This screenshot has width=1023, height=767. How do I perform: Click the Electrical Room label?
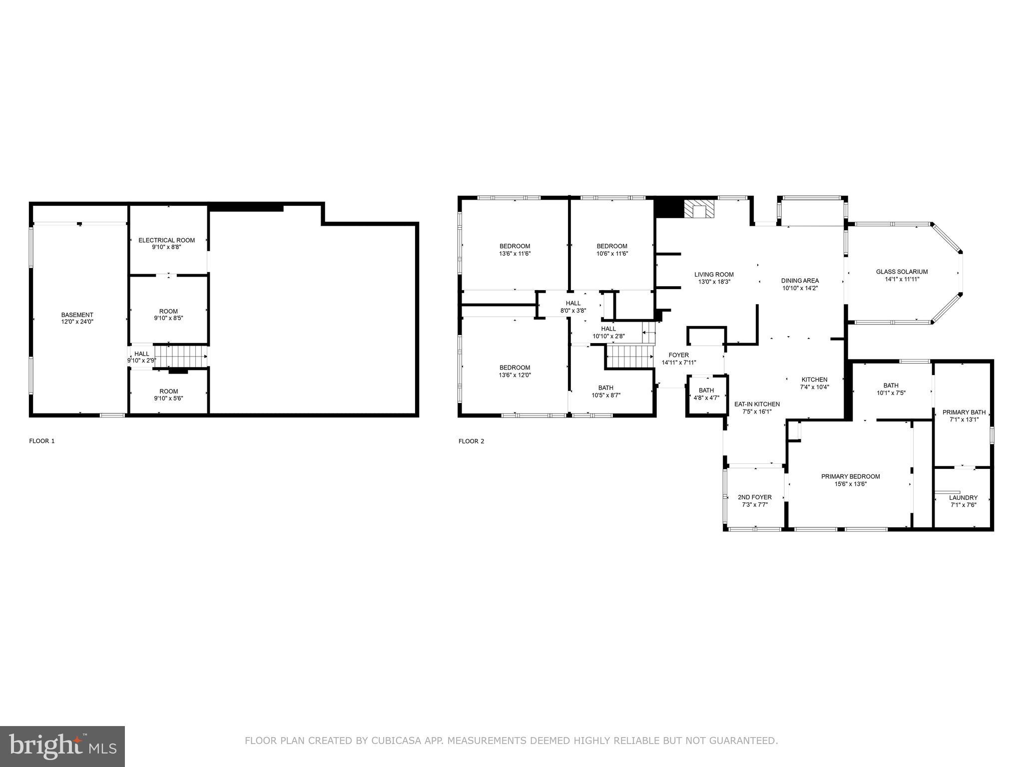(166, 240)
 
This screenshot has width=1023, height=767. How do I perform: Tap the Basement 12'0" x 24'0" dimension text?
(77, 322)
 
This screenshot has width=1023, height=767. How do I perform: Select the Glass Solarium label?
(902, 272)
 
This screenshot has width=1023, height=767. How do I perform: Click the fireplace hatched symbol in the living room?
(699, 209)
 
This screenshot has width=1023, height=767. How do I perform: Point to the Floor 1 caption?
(42, 441)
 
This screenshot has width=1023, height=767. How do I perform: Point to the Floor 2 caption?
(471, 441)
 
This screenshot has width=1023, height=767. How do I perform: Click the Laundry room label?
(963, 497)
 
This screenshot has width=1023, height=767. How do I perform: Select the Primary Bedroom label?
(850, 476)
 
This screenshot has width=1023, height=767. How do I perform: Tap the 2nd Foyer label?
(754, 497)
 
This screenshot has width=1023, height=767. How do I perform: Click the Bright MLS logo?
(62, 746)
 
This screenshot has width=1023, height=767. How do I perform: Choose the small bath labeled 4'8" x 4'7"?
(706, 394)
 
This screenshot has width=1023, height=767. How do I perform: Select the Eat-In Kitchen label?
(756, 404)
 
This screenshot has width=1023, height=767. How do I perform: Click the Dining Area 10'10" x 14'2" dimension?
(799, 288)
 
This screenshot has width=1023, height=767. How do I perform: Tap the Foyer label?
(678, 355)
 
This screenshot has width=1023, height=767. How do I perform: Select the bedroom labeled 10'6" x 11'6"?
(611, 250)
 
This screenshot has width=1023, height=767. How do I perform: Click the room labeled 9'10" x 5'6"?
(168, 394)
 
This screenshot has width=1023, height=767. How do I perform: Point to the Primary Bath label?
(964, 412)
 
